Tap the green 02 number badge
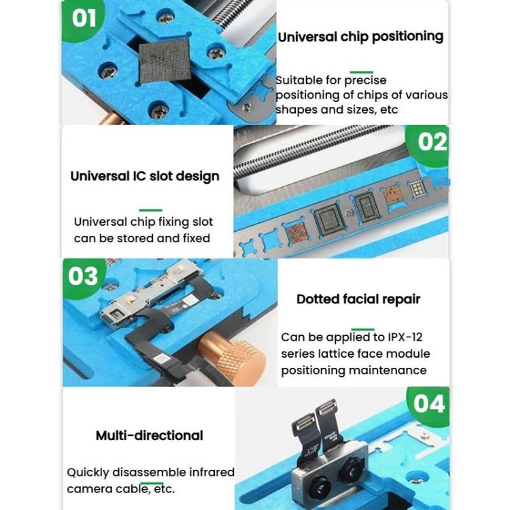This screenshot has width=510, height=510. point(431,143)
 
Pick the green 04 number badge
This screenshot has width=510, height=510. point(429,404)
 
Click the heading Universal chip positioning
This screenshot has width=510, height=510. point(360,36)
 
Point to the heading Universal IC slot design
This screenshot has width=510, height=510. point(145,176)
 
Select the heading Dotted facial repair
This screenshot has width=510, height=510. point(358,299)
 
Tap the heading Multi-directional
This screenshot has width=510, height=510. point(150,435)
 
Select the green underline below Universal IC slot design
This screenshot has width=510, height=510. point(150,211)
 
